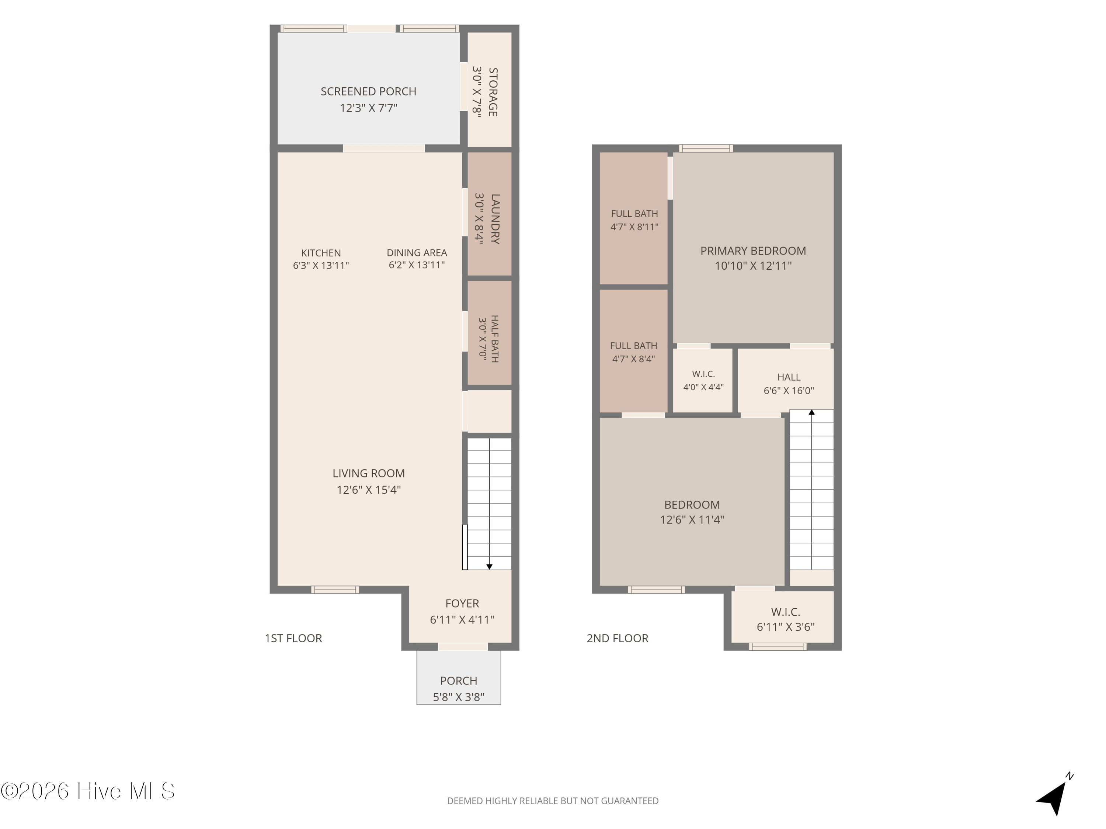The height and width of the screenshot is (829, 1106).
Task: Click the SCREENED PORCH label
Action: click(369, 91)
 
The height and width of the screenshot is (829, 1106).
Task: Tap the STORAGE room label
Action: click(493, 92)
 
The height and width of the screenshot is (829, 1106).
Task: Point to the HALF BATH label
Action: click(494, 339)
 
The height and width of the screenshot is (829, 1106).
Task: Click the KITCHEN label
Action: click(321, 253)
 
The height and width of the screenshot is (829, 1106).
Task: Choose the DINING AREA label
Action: click(417, 253)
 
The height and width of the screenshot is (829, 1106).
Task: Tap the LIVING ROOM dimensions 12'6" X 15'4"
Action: click(369, 490)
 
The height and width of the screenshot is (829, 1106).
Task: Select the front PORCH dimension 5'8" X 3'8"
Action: click(459, 697)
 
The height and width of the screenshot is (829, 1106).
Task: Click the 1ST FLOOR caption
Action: click(293, 638)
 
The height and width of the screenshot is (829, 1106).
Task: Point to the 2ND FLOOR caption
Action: click(618, 638)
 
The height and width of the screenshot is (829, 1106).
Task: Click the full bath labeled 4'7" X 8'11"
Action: click(634, 220)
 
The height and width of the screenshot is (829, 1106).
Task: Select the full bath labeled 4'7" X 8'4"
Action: click(633, 352)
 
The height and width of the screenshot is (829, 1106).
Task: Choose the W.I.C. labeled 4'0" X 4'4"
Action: click(703, 380)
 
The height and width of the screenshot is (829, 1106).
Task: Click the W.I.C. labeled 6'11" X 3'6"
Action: click(786, 619)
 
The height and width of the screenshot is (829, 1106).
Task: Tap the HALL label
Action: click(789, 377)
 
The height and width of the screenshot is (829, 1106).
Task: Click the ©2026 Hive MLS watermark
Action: click(88, 791)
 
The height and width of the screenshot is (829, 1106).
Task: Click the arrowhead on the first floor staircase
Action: click(490, 567)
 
